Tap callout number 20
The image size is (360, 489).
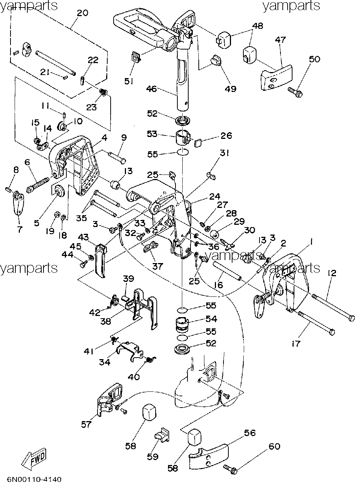click(83, 13)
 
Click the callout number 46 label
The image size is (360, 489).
click(151, 89)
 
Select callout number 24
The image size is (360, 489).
click(215, 197)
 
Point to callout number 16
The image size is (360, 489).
click(219, 285)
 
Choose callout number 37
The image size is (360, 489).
click(157, 266)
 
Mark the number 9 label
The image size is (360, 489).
click(124, 138)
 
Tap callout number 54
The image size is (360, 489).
click(211, 319)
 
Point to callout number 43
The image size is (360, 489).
click(83, 237)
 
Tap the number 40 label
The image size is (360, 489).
click(134, 377)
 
